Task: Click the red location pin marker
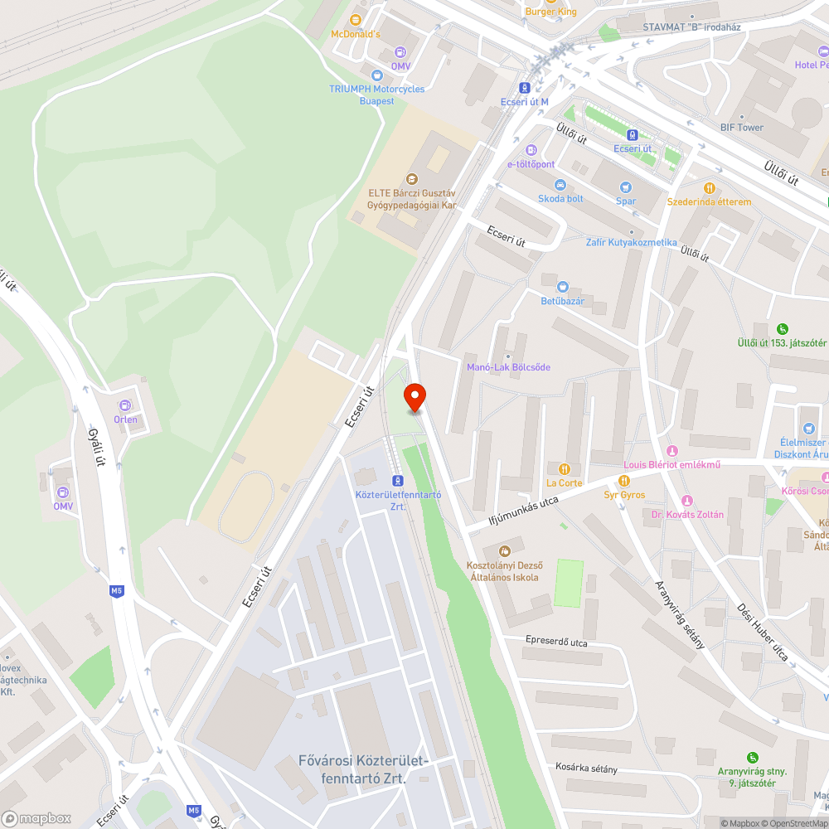click(x=414, y=396)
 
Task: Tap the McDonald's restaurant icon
click(x=356, y=19)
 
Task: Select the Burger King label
click(x=550, y=12)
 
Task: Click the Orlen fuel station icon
click(x=125, y=405)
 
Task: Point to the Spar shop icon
click(x=626, y=187)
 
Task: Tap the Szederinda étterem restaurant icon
click(x=710, y=188)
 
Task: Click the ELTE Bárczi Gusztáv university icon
click(x=412, y=178)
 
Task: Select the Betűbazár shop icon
click(x=562, y=286)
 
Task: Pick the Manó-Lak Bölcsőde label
click(x=508, y=366)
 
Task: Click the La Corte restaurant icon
click(x=565, y=469)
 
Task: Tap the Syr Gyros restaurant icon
click(x=624, y=481)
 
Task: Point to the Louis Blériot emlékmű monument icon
click(x=672, y=450)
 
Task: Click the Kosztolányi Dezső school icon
click(x=503, y=551)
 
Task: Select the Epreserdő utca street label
click(x=556, y=642)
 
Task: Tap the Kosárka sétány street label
click(x=586, y=768)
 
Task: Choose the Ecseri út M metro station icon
click(x=525, y=87)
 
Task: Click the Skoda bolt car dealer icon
click(x=561, y=184)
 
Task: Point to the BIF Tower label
click(x=741, y=128)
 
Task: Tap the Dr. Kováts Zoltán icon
click(x=686, y=501)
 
